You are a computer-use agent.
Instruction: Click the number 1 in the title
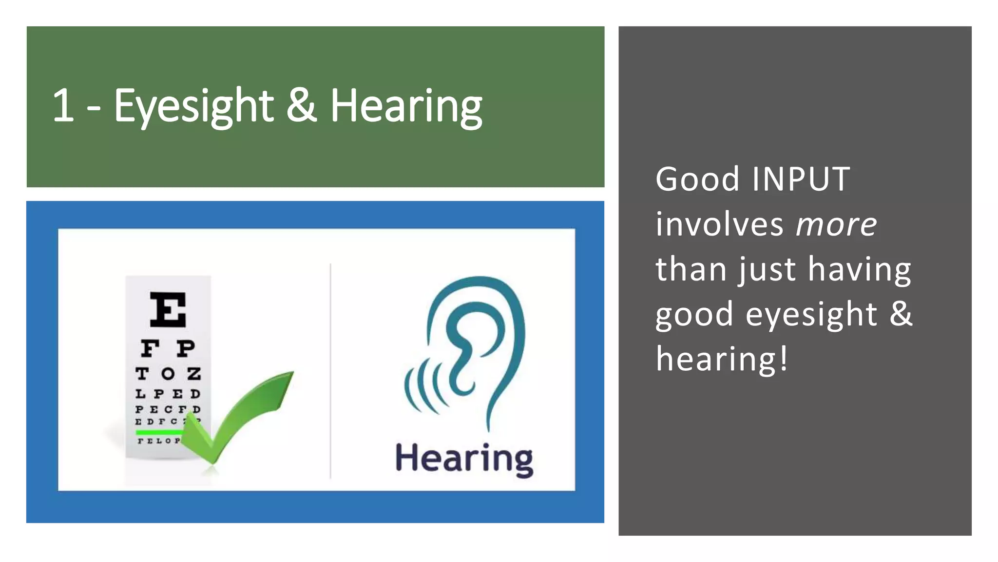pyautogui.click(x=63, y=105)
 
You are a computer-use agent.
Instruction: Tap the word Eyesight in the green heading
pyautogui.click(x=193, y=106)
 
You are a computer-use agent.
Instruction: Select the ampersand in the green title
pyautogui.click(x=301, y=105)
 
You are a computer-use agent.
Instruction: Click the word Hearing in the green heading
pyautogui.click(x=406, y=106)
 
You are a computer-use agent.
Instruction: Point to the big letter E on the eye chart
pyautogui.click(x=168, y=309)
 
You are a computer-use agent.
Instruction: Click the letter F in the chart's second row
pyautogui.click(x=150, y=348)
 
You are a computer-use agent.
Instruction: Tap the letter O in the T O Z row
pyautogui.click(x=168, y=374)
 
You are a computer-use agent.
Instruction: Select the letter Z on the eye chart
pyautogui.click(x=194, y=374)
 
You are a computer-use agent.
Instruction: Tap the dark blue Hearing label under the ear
pyautogui.click(x=464, y=459)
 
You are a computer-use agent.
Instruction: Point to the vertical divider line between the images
pyautogui.click(x=330, y=371)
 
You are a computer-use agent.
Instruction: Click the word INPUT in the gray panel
pyautogui.click(x=801, y=179)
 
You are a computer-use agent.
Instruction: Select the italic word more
pyautogui.click(x=836, y=224)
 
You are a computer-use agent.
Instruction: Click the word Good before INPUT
pyautogui.click(x=697, y=179)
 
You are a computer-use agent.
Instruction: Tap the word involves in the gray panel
pyautogui.click(x=719, y=224)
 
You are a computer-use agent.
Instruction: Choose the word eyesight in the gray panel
pyautogui.click(x=811, y=314)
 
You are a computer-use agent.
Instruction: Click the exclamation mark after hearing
pyautogui.click(x=784, y=359)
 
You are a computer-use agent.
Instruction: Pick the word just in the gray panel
pyautogui.click(x=769, y=270)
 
